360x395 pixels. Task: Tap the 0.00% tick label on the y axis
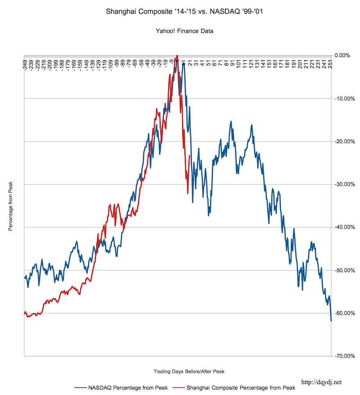343,55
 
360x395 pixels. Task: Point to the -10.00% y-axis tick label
344,99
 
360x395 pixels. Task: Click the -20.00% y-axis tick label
344,141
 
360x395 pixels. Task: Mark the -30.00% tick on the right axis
344,184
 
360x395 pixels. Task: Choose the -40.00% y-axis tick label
344,227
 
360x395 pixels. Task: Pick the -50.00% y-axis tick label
344,270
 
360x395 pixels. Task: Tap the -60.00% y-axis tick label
344,313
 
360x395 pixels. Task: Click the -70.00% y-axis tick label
344,356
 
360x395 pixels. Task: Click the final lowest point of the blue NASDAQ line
331,321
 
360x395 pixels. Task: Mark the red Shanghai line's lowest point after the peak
188,193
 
